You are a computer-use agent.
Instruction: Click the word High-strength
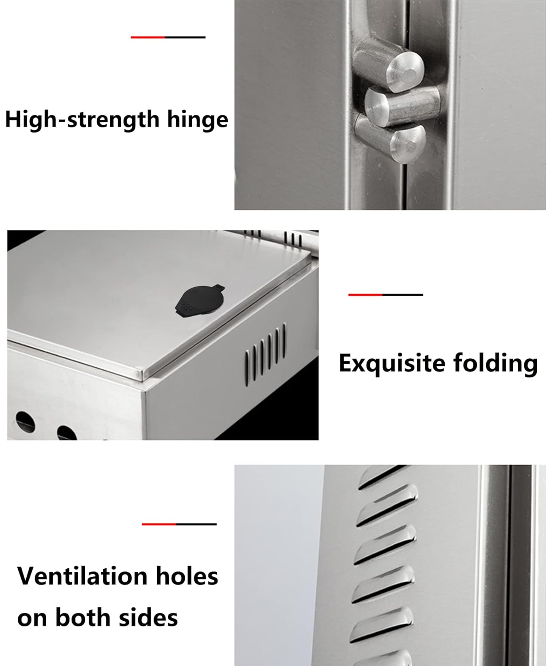pos(82,120)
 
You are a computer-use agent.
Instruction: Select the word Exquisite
pos(392,364)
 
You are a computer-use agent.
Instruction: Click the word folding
pos(496,364)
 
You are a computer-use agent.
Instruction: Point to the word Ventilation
pos(82,576)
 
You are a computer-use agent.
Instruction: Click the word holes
pos(187,576)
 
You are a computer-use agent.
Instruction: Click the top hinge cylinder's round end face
pos(405,72)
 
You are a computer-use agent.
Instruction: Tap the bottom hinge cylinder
pos(391,137)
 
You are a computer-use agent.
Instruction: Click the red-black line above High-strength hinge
pos(168,37)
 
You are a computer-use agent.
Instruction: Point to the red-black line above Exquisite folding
pos(386,295)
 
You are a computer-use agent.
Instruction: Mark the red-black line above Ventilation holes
pos(179,524)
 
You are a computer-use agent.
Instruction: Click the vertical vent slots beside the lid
pos(266,353)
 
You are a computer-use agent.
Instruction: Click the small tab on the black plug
pos(218,287)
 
